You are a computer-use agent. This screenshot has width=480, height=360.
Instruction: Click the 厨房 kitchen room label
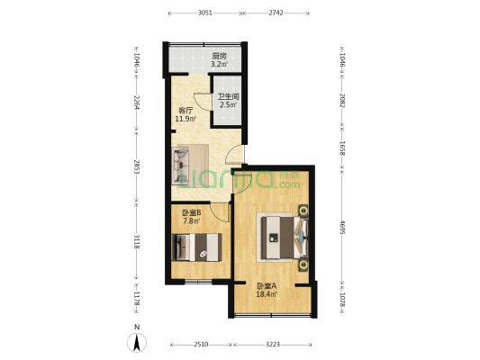tap(219, 57)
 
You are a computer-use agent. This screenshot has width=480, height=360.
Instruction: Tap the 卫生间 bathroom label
tap(228, 96)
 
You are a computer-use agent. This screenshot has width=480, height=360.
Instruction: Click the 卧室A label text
tap(267, 286)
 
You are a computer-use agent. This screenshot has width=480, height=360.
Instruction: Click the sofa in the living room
tap(181, 166)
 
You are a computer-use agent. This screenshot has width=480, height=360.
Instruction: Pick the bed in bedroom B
tap(196, 247)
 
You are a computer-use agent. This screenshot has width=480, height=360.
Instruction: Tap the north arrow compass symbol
tap(137, 343)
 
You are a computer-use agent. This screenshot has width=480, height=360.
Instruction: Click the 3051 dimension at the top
tap(204, 13)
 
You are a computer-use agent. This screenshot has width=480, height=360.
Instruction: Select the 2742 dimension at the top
tap(276, 13)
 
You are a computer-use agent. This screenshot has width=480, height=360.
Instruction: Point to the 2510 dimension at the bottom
tap(201, 345)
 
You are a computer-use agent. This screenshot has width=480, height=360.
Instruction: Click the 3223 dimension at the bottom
tap(273, 345)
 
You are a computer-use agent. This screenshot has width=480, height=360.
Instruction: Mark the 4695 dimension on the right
tap(342, 228)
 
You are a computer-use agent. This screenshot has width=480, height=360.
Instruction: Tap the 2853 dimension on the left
tap(137, 167)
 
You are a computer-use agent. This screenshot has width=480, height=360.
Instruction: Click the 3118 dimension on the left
tap(137, 241)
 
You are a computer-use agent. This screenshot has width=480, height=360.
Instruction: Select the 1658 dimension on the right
tap(342, 148)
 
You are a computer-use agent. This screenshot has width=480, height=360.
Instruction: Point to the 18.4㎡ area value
tap(267, 294)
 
